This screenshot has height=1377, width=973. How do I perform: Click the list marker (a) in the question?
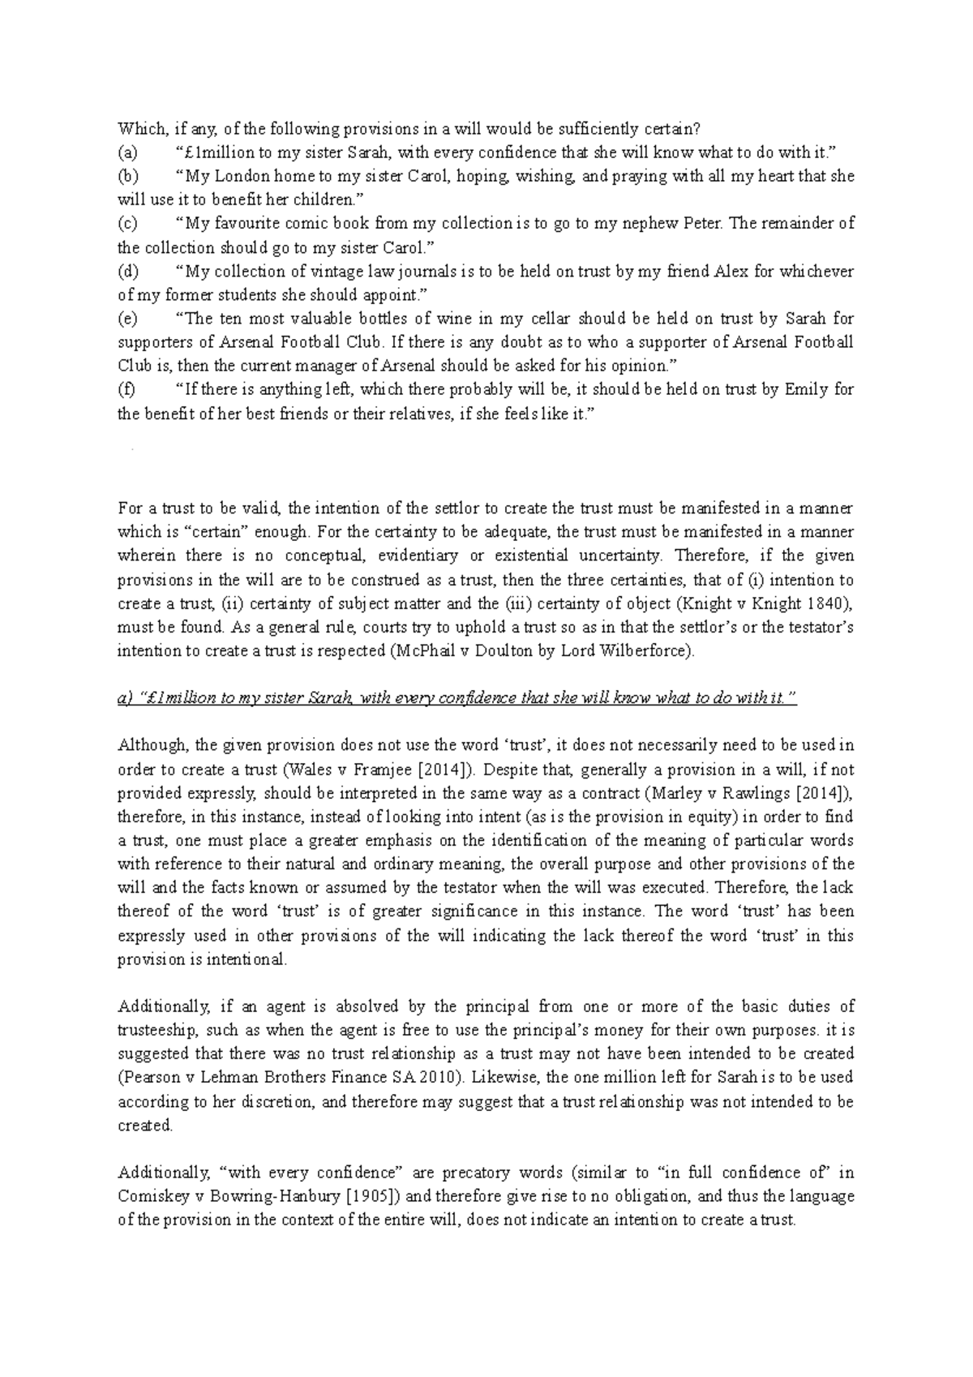pos(128,152)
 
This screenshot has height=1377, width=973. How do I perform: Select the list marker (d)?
pos(129,272)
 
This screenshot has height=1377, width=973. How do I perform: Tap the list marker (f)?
pos(126,390)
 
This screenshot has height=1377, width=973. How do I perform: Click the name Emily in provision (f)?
pos(806,390)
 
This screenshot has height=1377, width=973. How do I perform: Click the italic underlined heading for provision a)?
pos(457,699)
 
